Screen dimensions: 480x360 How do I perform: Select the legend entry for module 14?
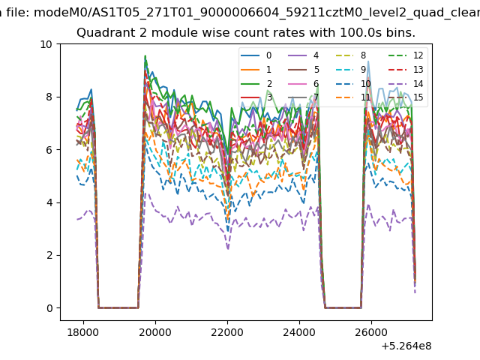tap(406, 83)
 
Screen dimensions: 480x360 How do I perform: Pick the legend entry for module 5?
tap(304, 70)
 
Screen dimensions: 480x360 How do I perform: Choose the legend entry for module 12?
tap(406, 55)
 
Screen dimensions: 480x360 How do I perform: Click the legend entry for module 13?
tap(406, 70)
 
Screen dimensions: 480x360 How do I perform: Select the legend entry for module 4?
tap(304, 55)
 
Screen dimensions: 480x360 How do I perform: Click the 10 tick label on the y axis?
tap(46, 44)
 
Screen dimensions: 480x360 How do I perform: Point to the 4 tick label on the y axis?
tap(49, 202)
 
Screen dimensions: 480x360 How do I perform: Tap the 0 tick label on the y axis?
tap(49, 308)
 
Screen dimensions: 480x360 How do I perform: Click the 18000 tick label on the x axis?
tap(83, 332)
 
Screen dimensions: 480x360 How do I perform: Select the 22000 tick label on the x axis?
tap(227, 332)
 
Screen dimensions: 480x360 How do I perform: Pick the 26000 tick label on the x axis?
tap(371, 332)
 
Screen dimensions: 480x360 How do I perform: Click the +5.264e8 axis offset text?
tap(406, 346)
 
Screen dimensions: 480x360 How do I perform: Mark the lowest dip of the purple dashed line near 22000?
tap(228, 249)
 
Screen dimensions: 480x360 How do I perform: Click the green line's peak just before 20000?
tap(145, 55)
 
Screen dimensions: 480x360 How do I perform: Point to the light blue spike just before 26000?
tap(368, 61)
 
